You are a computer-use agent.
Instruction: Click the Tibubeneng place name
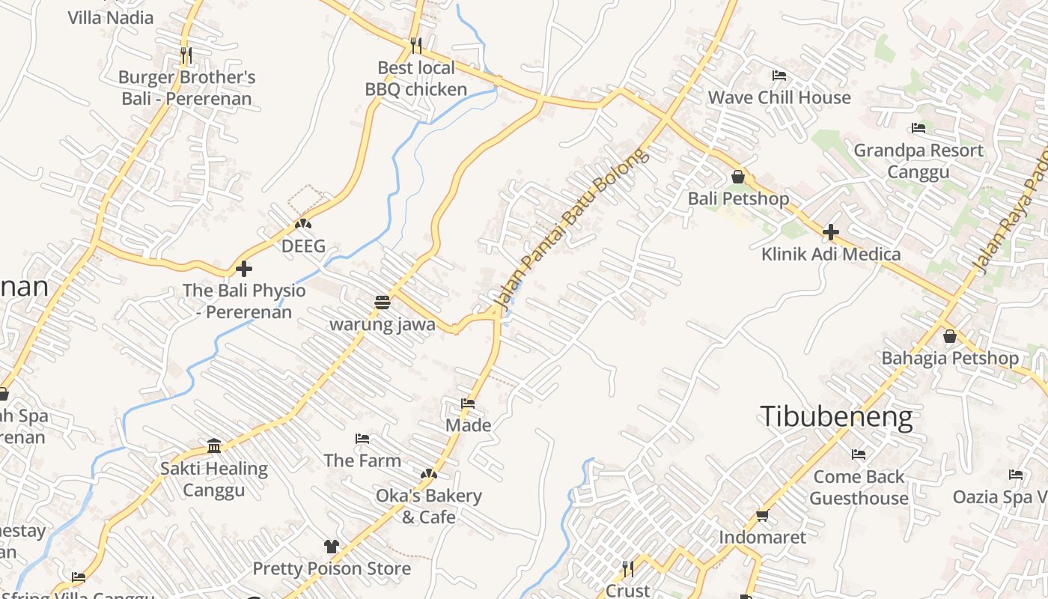click(x=836, y=416)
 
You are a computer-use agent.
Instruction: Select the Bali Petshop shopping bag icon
click(x=738, y=177)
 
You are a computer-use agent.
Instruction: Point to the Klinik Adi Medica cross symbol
click(x=830, y=232)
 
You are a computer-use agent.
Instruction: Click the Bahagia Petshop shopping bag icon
click(x=949, y=336)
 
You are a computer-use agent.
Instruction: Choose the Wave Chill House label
click(x=779, y=97)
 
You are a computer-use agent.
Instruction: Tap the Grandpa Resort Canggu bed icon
click(x=918, y=128)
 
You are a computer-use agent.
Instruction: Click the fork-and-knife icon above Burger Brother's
click(x=186, y=55)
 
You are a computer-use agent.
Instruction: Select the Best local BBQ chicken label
click(x=415, y=79)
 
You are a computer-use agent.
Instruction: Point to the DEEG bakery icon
click(x=303, y=223)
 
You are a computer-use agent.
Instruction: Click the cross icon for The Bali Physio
click(x=243, y=268)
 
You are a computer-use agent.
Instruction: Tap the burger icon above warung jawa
click(x=383, y=302)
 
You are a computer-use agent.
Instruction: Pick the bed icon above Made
click(x=468, y=404)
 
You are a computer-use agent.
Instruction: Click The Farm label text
click(x=362, y=460)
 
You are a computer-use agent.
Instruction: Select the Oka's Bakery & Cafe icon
click(x=428, y=473)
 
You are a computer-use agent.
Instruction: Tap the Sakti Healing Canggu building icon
click(x=214, y=446)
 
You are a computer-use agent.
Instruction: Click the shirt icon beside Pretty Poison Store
click(x=331, y=547)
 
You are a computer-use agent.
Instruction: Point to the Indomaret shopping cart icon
click(x=762, y=515)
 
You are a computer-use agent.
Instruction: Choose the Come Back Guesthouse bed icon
click(x=859, y=454)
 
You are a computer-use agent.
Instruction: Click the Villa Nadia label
click(x=111, y=17)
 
